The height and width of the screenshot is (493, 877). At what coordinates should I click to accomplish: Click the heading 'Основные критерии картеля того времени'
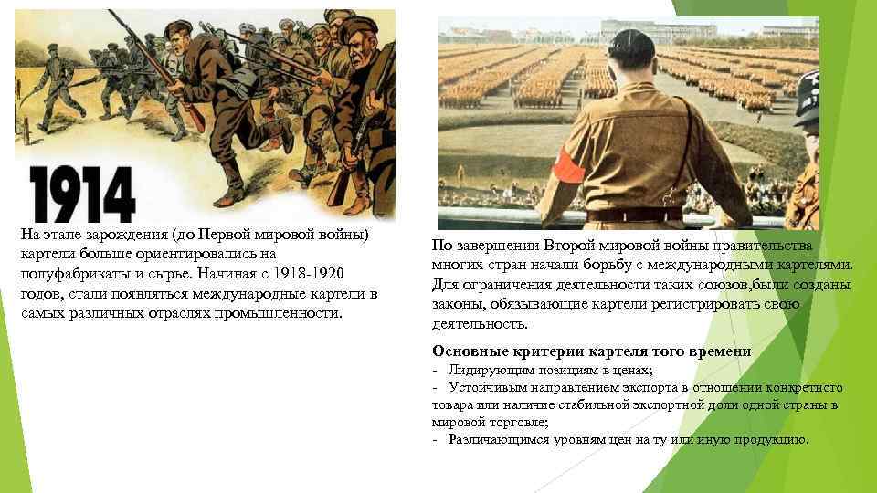point(591,351)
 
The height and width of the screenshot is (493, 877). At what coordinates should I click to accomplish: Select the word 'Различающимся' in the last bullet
point(497,440)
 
